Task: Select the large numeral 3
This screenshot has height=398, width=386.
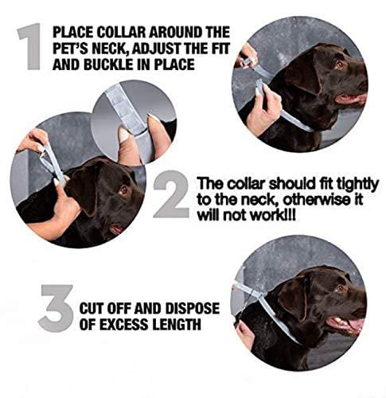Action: (x=55, y=306)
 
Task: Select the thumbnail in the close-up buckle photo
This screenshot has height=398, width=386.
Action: (x=125, y=135)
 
